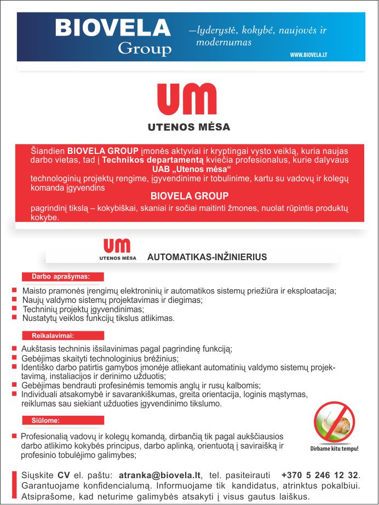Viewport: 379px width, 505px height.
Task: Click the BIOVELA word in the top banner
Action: [113, 28]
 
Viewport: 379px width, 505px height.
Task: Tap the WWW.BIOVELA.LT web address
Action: [308, 55]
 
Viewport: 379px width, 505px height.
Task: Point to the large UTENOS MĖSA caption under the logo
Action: [189, 127]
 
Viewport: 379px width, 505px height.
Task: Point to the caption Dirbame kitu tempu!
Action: [334, 449]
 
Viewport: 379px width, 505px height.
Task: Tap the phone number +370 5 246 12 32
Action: [320, 475]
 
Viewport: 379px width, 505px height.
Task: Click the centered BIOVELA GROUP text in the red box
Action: [189, 196]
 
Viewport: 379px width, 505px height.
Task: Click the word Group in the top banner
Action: [145, 49]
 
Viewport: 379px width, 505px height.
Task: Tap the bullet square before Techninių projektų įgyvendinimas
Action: [14, 308]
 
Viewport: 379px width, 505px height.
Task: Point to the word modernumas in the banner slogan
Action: [225, 43]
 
